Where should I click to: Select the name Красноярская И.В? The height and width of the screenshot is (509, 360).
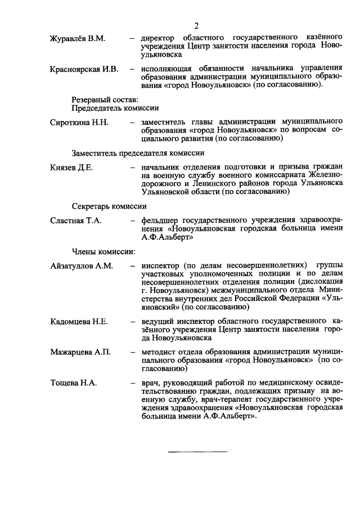click(x=84, y=69)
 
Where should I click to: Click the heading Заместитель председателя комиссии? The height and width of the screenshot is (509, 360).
click(x=137, y=153)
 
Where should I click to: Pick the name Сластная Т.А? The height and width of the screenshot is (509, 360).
click(x=75, y=221)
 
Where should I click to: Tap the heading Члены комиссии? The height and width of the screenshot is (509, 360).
click(x=103, y=251)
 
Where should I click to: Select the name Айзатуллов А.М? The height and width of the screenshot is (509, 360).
click(x=82, y=265)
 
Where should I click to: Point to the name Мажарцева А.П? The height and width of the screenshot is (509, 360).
click(x=80, y=353)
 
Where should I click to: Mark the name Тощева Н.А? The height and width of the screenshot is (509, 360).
click(x=74, y=383)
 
